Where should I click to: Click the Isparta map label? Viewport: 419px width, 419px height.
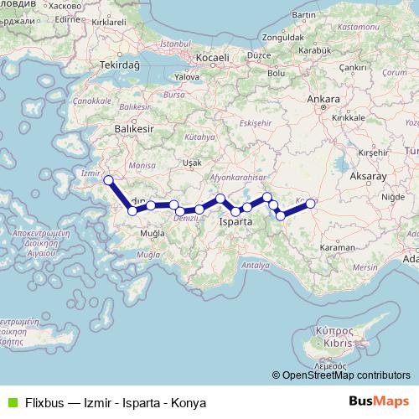point(235,223)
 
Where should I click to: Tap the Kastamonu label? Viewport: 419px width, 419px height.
point(361,28)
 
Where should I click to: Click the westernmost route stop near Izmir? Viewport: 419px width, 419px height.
point(107,180)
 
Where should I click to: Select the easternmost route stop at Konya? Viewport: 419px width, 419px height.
point(311,203)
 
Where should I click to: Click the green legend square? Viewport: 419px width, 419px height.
point(10,402)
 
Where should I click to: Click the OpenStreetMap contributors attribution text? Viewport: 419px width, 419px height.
point(347,375)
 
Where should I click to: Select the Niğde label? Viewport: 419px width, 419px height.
point(392,197)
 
